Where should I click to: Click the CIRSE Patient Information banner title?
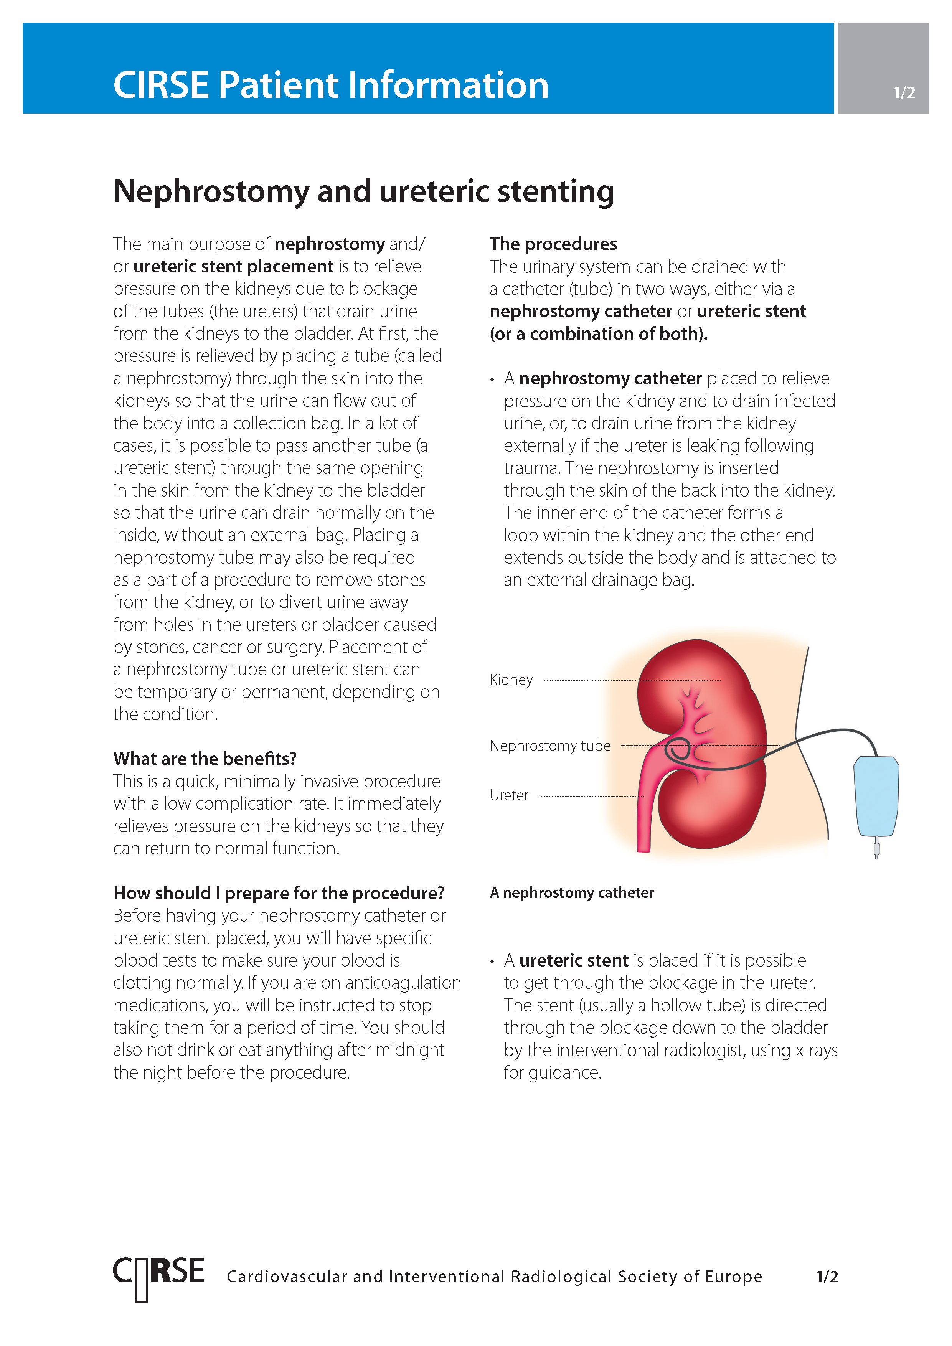331,85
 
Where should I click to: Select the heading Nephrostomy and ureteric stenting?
363,192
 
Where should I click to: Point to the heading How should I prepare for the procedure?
279,893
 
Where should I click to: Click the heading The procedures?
553,244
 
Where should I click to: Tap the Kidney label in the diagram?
511,680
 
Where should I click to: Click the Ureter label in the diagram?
509,795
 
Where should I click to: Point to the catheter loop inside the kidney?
678,750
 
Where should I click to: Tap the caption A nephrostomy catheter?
572,893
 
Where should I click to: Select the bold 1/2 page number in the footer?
827,1277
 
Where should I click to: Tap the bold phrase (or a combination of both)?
599,334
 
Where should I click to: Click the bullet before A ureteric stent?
492,962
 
